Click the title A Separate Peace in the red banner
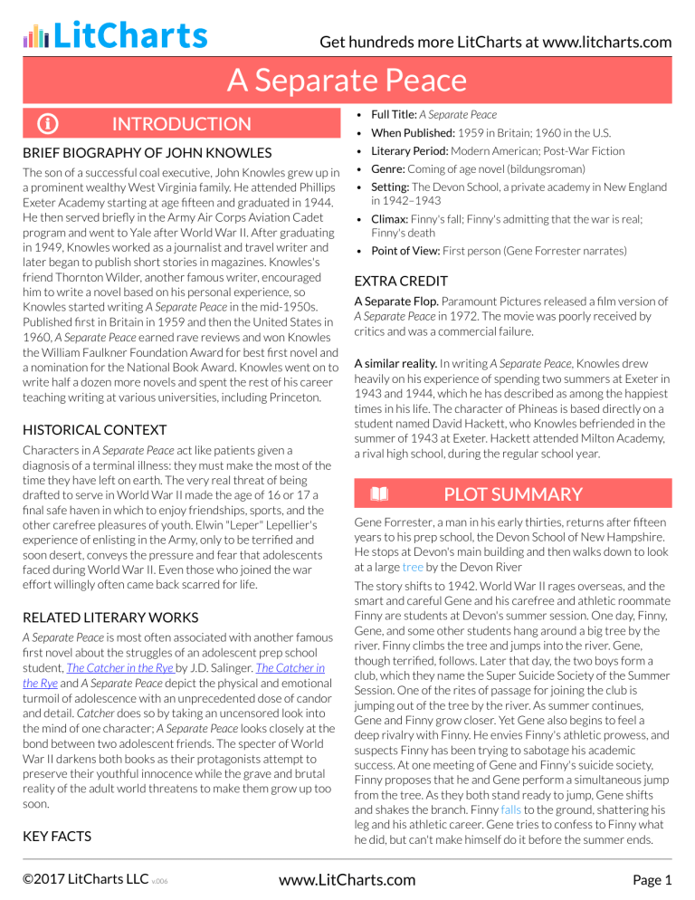coord(347,81)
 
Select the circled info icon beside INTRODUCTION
coord(43,124)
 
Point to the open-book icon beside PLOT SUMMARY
coord(378,493)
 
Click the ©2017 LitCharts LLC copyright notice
coord(82,879)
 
